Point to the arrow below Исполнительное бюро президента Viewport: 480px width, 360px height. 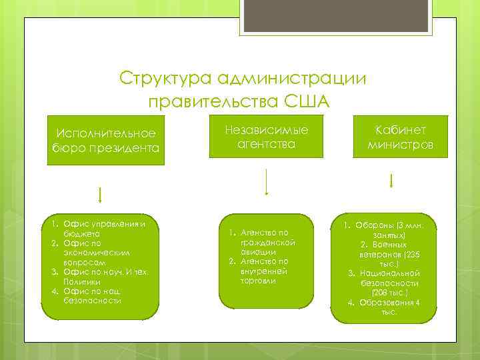point(100,195)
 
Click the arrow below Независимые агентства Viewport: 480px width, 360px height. point(267,181)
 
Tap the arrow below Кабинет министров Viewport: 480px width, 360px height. point(391,181)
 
